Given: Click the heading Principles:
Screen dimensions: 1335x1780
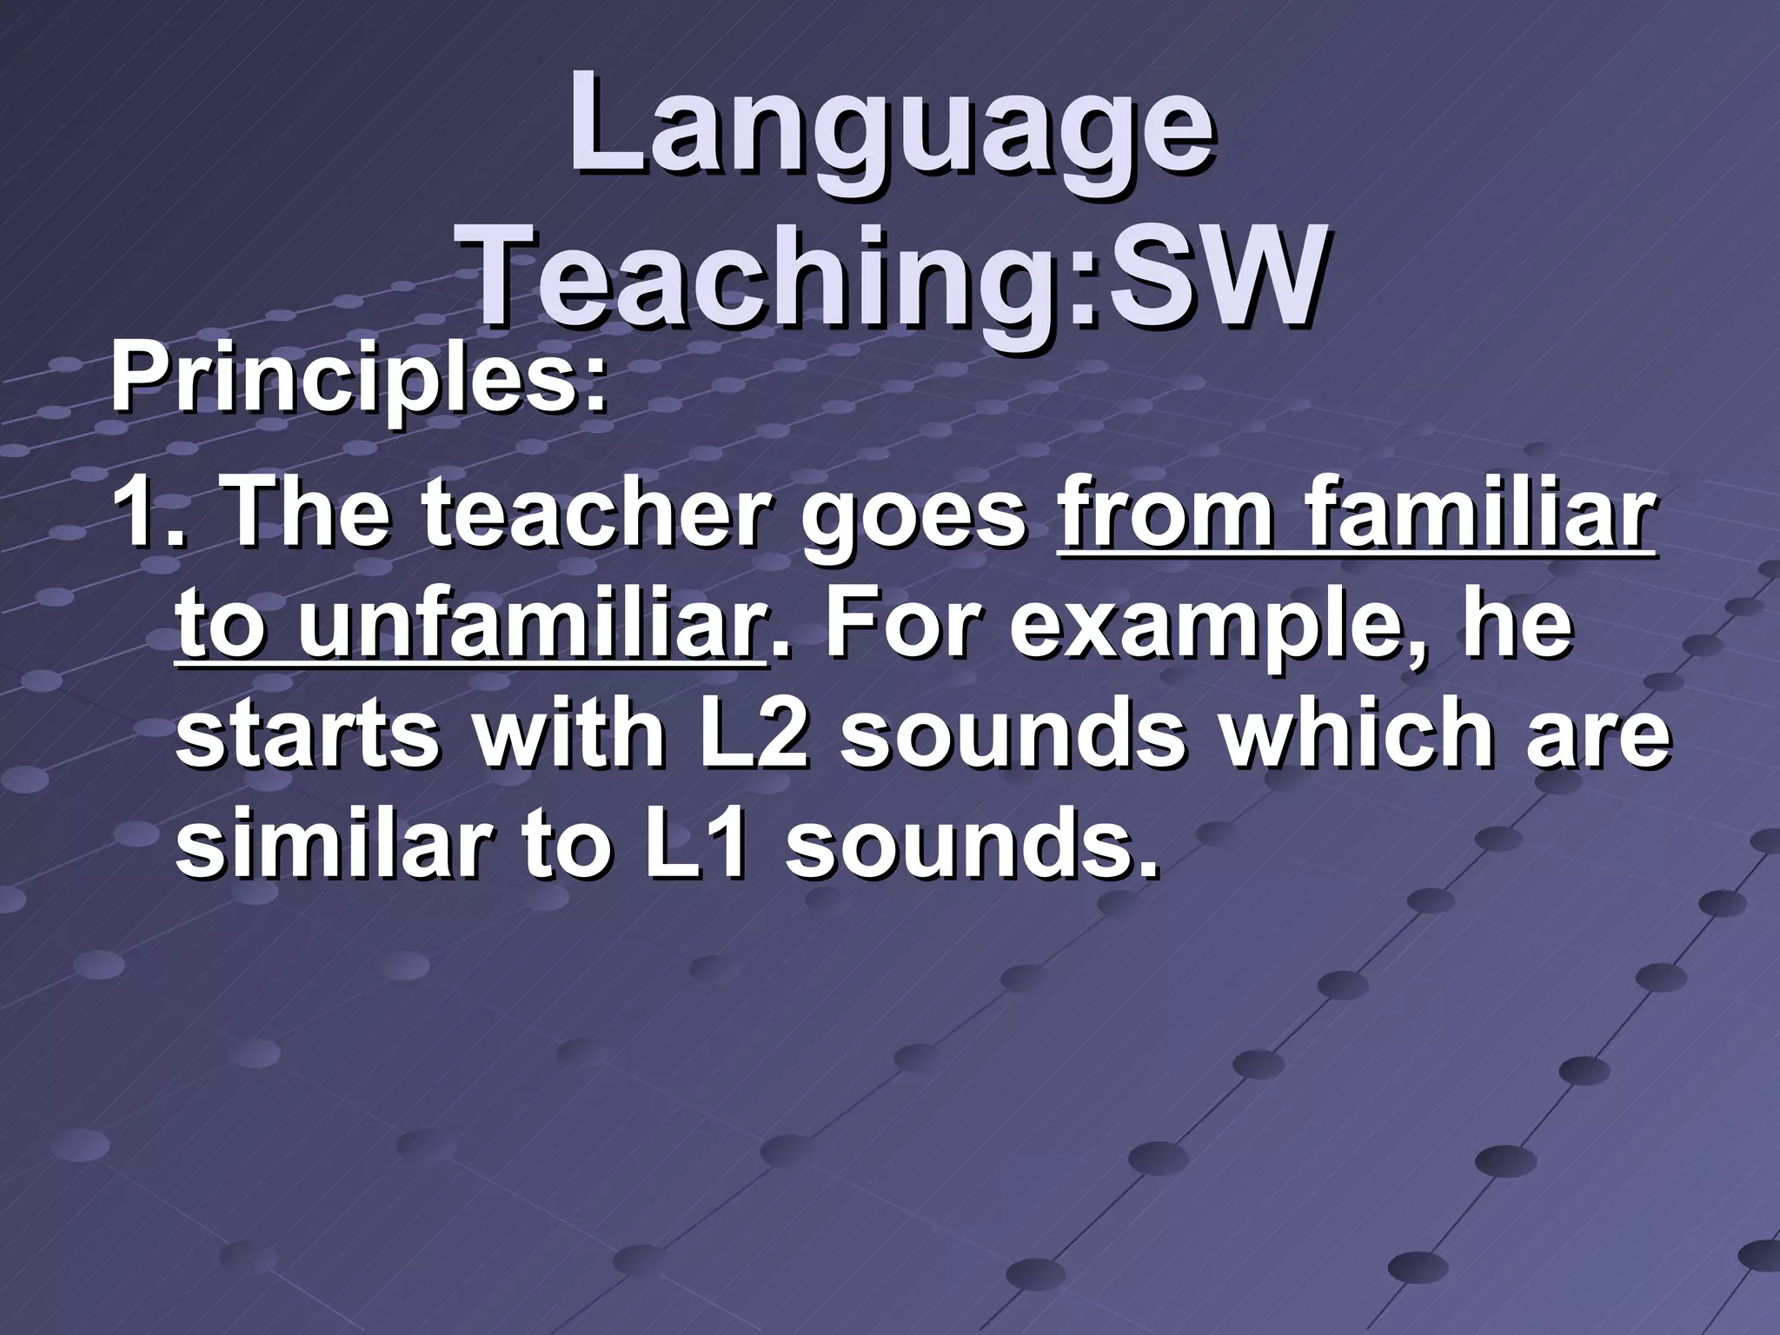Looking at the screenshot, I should tap(356, 382).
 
